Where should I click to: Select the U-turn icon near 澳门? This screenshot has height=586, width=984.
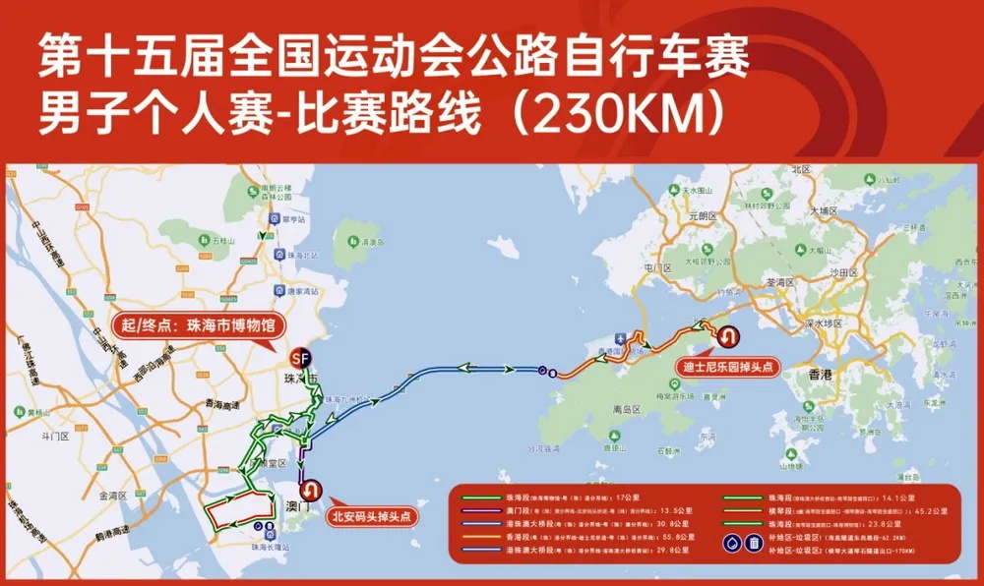[x=312, y=489]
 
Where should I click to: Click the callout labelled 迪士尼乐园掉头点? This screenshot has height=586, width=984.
[x=729, y=367]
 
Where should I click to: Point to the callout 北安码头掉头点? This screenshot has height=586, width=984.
[x=371, y=515]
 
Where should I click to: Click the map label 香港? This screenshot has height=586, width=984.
[x=820, y=375]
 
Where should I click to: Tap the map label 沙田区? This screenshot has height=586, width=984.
[x=845, y=270]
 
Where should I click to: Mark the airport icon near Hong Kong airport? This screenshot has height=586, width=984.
[x=623, y=334]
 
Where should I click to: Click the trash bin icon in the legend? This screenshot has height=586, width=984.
[x=753, y=542]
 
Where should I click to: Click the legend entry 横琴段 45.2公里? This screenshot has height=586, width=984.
[x=836, y=511]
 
